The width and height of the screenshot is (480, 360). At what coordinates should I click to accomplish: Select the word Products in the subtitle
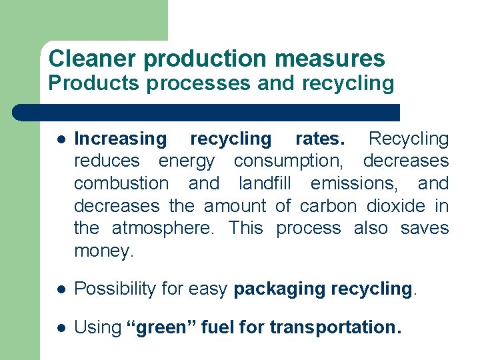[x=93, y=84]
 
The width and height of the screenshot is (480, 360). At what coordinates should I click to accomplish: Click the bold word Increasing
[x=120, y=139]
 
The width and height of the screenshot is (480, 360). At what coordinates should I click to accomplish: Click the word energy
[x=187, y=161]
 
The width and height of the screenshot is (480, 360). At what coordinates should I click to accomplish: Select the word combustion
[x=121, y=183]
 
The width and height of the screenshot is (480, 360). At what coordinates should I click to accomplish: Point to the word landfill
[x=267, y=183]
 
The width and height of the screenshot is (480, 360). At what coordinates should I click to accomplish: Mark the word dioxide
[x=397, y=206]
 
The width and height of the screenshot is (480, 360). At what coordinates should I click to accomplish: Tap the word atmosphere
[x=163, y=229]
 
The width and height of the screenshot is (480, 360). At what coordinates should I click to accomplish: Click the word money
[x=103, y=251]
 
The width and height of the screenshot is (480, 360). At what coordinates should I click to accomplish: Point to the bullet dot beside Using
[x=59, y=327]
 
